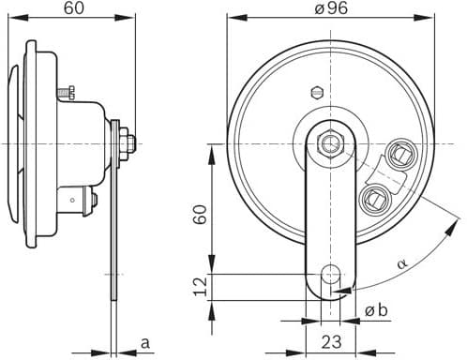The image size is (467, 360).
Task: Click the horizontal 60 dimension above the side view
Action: pos(70,9)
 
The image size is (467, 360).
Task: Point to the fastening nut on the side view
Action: pos(128,142)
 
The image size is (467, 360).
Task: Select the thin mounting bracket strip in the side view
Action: pos(114,234)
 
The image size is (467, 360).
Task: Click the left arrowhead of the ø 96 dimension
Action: pos(231,18)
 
